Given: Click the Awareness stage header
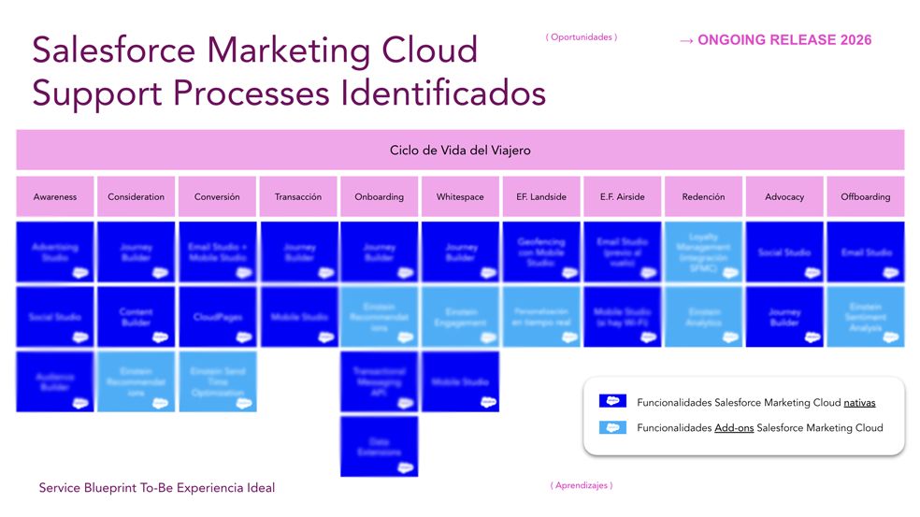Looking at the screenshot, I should tap(54, 196).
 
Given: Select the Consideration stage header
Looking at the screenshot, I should tap(136, 196).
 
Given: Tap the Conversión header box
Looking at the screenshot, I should tap(217, 196).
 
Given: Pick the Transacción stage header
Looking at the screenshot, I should tap(298, 196).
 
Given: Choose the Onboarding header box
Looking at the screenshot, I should tap(379, 196).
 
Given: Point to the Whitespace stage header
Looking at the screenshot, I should tap(460, 196).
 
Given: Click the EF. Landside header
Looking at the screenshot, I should tap(541, 196).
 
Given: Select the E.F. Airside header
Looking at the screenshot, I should tap(623, 196).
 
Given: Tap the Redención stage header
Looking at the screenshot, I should tap(703, 196).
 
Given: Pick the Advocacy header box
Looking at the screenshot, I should tap(784, 196).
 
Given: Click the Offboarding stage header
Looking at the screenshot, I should tap(865, 196).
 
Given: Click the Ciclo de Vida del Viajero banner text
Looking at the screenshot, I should tap(460, 150).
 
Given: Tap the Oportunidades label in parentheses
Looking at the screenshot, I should tap(581, 37).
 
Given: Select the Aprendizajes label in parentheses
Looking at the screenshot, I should tap(581, 485).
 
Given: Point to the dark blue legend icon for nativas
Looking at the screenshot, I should tap(612, 401).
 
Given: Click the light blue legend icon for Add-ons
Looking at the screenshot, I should tap(612, 427).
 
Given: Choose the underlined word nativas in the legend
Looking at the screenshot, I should tap(859, 403).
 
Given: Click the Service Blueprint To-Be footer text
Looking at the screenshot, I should tap(157, 488).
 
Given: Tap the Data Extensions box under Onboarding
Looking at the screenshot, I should tap(379, 447).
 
